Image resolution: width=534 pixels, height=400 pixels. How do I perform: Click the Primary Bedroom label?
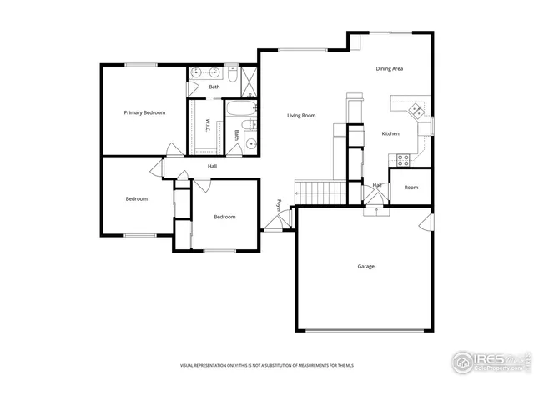point(144,112)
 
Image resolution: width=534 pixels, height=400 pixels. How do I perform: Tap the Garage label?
point(365,267)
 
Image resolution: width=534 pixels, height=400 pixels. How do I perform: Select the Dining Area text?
point(389,69)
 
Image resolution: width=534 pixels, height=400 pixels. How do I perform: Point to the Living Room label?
point(301,115)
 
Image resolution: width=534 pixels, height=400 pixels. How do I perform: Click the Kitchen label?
point(390,133)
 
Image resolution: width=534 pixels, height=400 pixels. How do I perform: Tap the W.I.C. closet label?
point(208,125)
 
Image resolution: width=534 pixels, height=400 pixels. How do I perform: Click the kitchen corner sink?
point(414,108)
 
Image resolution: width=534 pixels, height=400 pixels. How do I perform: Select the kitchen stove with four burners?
point(403,158)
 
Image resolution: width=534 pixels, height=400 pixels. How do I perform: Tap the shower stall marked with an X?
point(250,77)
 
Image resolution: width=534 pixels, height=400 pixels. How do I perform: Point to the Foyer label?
point(280,204)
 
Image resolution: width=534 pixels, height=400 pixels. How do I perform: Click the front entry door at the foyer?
point(275,223)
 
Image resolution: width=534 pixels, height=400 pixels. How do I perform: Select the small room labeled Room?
point(411,187)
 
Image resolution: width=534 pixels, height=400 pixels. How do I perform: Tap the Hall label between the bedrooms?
point(212,167)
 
